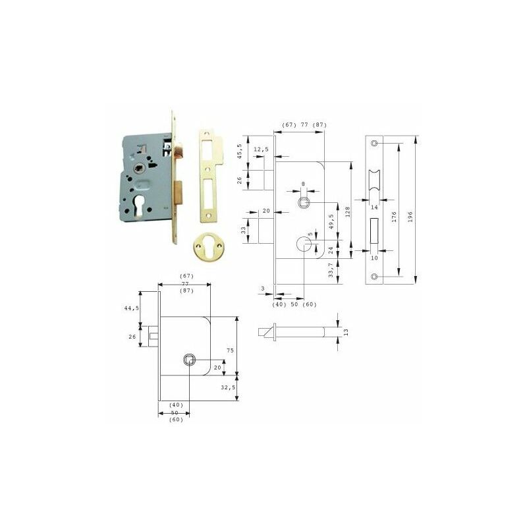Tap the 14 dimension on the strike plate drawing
tap(374, 206)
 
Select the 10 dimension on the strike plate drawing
tap(374, 258)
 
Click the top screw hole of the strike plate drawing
tap(374, 143)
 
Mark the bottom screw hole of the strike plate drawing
tap(374, 278)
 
